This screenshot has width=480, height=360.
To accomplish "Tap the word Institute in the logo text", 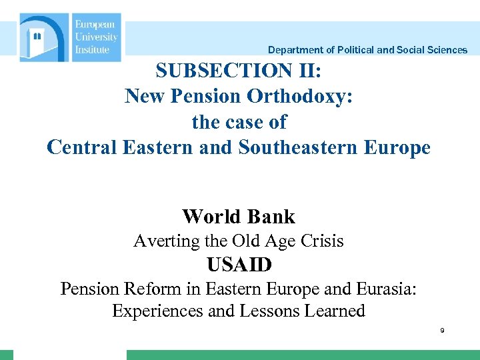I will pos(92,49).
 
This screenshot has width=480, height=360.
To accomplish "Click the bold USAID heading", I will pos(239,265).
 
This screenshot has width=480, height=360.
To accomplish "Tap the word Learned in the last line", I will pos(333,311).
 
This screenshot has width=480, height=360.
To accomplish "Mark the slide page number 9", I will pos(441,331).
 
